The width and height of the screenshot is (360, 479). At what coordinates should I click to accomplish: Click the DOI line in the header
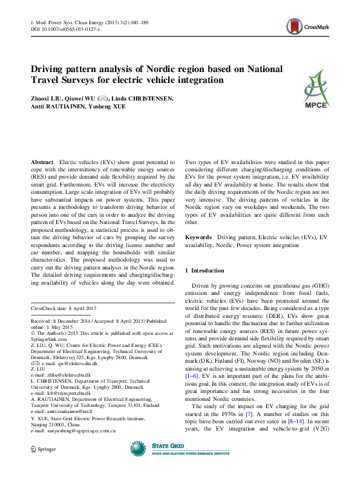[65, 29]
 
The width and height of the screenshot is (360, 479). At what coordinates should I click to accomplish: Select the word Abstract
[42, 164]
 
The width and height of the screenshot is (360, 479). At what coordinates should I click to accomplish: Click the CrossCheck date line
[64, 309]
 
